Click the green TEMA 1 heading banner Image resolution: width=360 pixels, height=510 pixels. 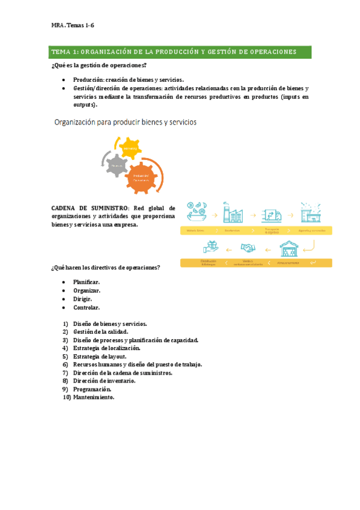[x=180, y=52]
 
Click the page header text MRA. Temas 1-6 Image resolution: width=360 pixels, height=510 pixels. [x=73, y=25]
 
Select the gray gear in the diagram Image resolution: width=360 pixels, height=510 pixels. [x=118, y=164]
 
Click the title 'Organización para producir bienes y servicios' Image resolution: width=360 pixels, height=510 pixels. [x=126, y=122]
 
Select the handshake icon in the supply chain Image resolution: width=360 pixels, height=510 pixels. [x=248, y=248]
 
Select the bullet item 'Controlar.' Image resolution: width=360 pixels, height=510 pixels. [x=87, y=308]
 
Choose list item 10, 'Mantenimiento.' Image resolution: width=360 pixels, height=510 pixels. [x=93, y=398]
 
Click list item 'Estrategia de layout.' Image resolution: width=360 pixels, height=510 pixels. [x=99, y=356]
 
